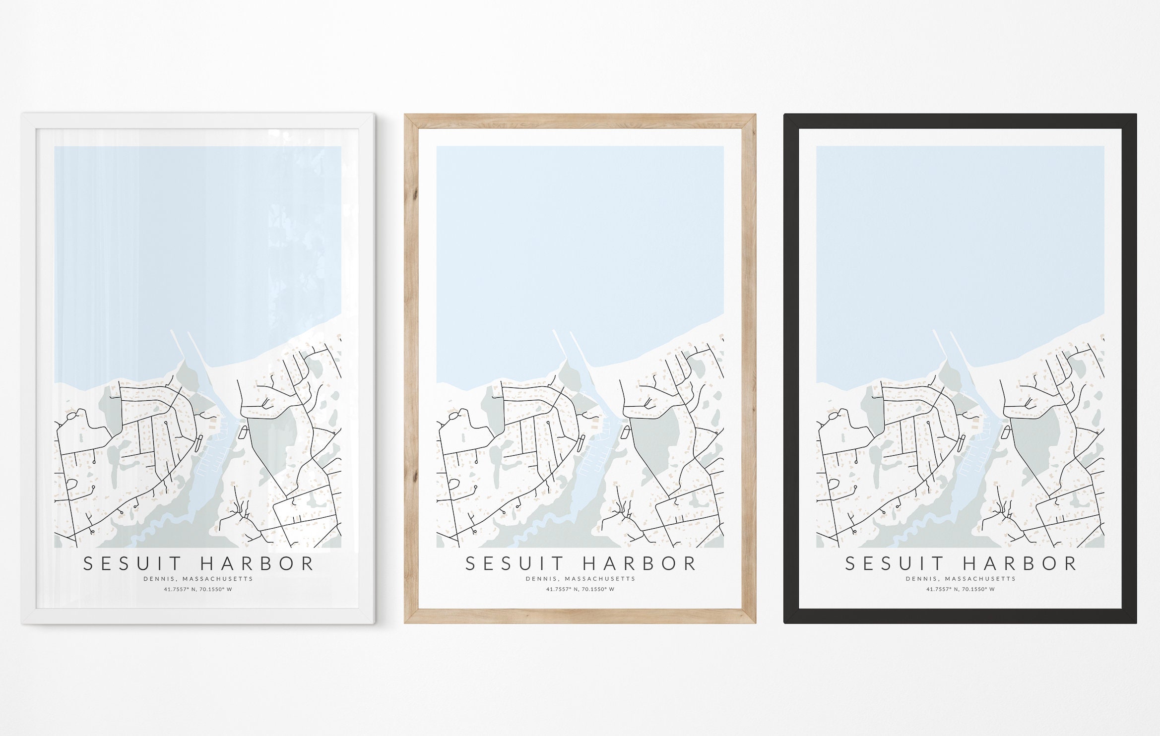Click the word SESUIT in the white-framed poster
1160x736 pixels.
(132, 564)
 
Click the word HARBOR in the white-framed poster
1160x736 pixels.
(258, 564)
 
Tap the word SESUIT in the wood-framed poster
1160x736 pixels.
(515, 564)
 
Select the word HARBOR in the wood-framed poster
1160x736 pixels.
(640, 564)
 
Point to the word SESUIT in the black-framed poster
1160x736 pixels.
(895, 564)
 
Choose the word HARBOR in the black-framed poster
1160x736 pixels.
(1020, 564)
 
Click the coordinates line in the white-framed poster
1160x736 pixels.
(198, 590)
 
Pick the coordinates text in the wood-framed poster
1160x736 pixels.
(580, 590)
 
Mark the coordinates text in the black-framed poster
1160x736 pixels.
(960, 590)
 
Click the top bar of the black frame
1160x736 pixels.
(960, 121)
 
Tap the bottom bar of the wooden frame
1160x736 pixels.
(580, 616)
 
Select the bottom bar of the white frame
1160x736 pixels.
(198, 616)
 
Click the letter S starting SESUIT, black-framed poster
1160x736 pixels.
(850, 564)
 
